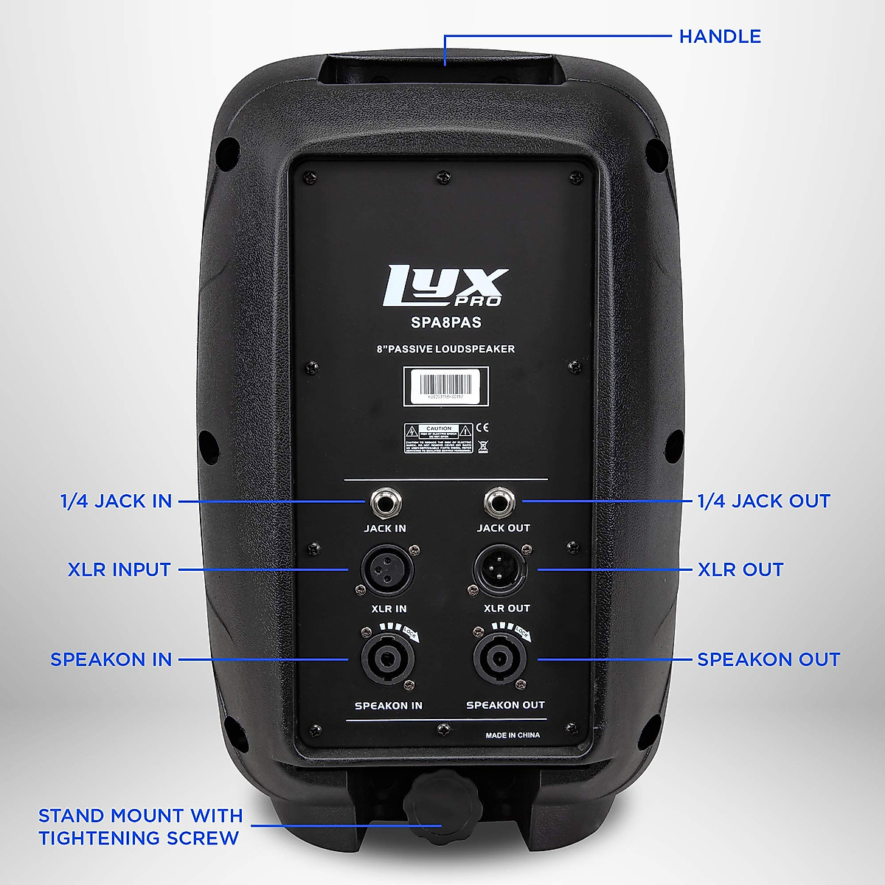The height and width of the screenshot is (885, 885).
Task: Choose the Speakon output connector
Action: pos(499,659)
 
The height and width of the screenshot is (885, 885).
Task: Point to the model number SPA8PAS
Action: pos(445,322)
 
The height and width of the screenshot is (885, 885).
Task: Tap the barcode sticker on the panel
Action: pos(445,386)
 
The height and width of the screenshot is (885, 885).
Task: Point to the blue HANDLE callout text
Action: pos(720,36)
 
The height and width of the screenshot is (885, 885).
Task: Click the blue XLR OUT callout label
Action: pos(740,569)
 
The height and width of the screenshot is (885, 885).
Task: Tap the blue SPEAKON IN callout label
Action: pos(111,659)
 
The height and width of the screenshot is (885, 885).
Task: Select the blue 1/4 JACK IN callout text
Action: pos(116,502)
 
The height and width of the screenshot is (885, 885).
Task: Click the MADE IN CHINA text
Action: pos(513,735)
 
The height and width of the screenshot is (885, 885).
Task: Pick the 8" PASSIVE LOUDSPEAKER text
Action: pos(445,349)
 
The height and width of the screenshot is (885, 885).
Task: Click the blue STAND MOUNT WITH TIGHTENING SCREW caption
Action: pos(140,827)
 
